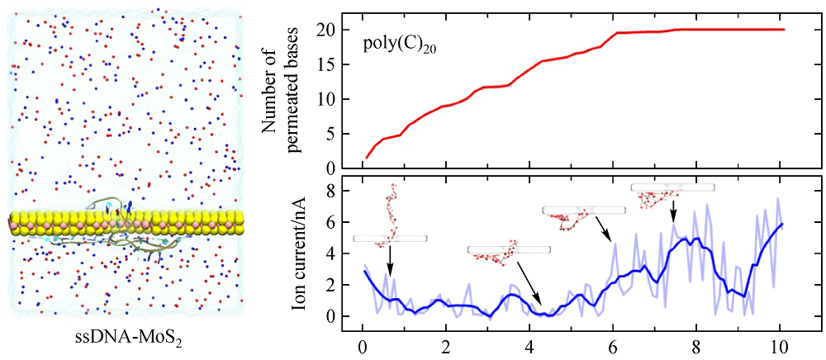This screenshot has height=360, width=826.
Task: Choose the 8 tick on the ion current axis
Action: point(329,192)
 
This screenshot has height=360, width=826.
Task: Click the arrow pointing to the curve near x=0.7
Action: point(390,260)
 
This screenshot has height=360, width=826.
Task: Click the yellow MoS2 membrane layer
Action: point(124,223)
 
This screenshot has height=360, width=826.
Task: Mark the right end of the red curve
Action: point(782,30)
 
